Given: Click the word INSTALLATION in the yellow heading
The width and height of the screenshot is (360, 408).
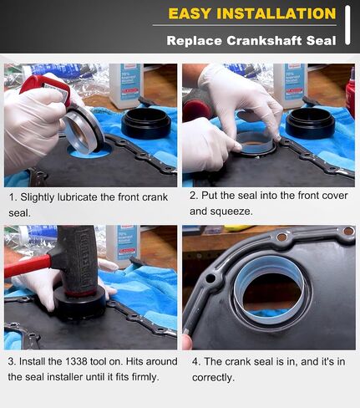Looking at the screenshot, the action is (276, 13).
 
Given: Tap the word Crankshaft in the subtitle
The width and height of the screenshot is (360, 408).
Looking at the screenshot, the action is (264, 41).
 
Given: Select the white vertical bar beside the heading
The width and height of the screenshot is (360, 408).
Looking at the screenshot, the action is (347, 25).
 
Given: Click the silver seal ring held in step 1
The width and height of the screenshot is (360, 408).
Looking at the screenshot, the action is (84, 130).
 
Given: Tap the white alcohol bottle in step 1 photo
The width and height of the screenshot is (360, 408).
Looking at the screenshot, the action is (126, 86).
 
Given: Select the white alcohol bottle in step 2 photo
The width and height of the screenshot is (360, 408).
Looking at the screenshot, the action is (290, 86).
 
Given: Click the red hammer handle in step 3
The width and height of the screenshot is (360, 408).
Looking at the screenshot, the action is (28, 266).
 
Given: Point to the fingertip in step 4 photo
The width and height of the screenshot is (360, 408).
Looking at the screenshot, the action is (187, 342).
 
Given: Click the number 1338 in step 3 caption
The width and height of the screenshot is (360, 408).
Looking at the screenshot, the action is (76, 362).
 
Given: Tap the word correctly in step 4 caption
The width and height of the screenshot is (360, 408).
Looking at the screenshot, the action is (213, 378).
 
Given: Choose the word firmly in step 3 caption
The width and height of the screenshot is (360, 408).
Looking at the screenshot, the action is (145, 377).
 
